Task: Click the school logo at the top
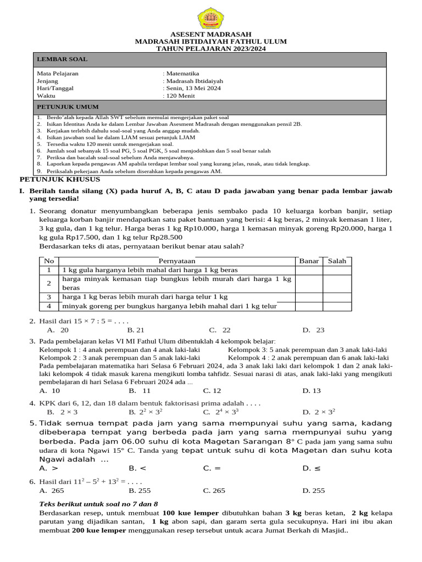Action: (211, 18)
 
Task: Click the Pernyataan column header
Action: (177, 261)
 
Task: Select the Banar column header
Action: (309, 261)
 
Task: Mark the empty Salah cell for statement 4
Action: (337, 306)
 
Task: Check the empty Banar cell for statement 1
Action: (309, 270)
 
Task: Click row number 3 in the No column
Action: (49, 297)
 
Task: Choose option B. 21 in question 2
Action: (136, 330)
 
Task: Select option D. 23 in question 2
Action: (313, 330)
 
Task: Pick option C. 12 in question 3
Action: (212, 391)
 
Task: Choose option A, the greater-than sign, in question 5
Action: (49, 469)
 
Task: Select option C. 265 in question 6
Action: (214, 491)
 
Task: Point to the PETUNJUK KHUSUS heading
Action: (60, 179)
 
